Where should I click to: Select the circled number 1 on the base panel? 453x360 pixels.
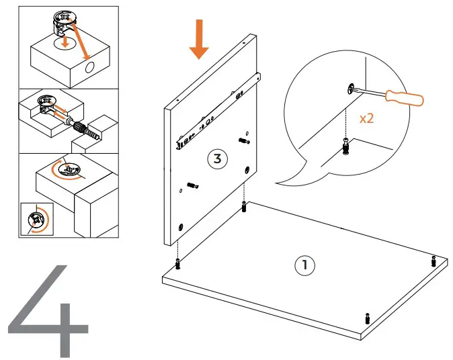(x=304, y=265)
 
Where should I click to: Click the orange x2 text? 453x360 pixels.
(x=367, y=118)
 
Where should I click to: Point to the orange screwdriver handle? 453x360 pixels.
(x=405, y=99)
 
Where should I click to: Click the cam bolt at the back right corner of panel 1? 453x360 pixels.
(x=434, y=259)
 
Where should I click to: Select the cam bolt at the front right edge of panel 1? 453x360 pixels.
(x=367, y=318)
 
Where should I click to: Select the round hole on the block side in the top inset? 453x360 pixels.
(x=91, y=69)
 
